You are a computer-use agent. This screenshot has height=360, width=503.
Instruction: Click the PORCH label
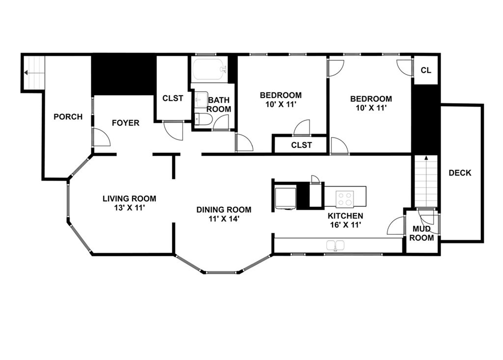coord(68,117)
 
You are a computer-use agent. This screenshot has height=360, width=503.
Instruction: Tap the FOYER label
coord(125,123)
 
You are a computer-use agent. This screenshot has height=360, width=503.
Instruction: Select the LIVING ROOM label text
coord(129,198)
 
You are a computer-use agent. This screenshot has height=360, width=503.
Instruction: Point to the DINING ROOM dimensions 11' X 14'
coord(224,219)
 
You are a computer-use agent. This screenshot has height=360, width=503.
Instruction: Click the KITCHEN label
coord(346,216)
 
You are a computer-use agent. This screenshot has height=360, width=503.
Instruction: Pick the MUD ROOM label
coord(422,233)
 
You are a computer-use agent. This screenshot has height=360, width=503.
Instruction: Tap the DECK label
coord(460,173)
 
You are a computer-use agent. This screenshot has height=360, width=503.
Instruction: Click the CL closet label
coord(426,70)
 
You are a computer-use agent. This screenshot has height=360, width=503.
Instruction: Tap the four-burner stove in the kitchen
coord(344,199)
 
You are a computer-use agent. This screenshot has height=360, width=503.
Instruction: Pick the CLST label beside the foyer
coord(173,98)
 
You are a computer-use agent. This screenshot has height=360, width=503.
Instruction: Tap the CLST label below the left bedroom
coord(301,145)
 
